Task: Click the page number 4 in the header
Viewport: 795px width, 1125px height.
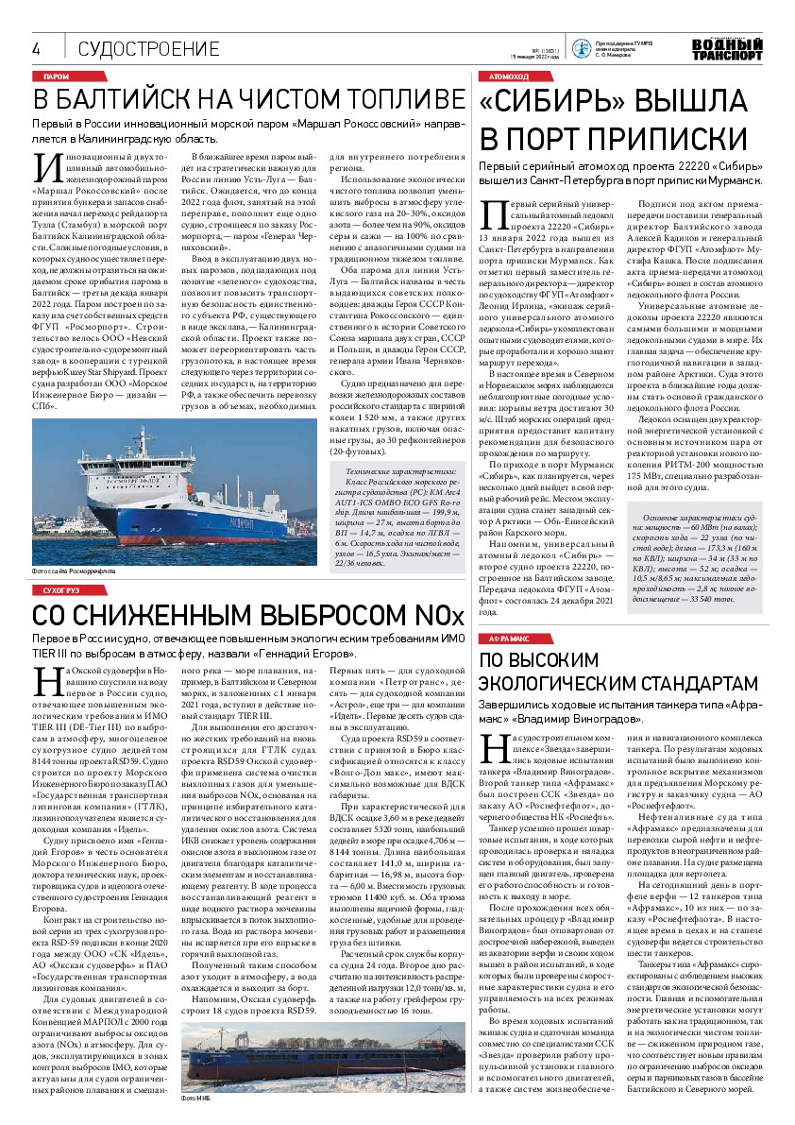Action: [x=36, y=49]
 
